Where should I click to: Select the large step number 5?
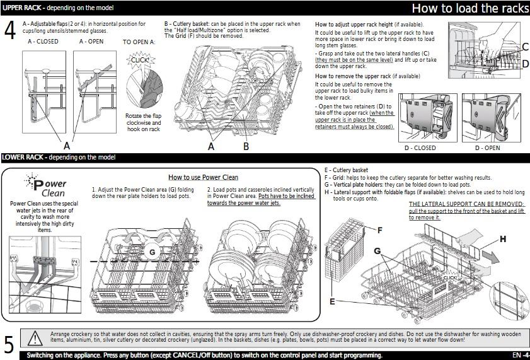(x=9, y=344)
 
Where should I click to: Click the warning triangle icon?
(x=35, y=338)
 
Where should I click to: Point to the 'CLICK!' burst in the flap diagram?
(x=139, y=60)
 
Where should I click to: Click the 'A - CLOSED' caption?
(x=43, y=42)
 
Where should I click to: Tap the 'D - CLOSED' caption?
(x=420, y=148)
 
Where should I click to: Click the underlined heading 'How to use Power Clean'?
(x=203, y=177)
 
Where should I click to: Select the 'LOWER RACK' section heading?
(x=22, y=157)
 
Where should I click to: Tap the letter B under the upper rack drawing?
(x=246, y=146)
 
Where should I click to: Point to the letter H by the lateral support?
(x=502, y=239)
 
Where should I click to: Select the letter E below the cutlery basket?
(x=332, y=302)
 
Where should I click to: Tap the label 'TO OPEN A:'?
(x=139, y=42)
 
